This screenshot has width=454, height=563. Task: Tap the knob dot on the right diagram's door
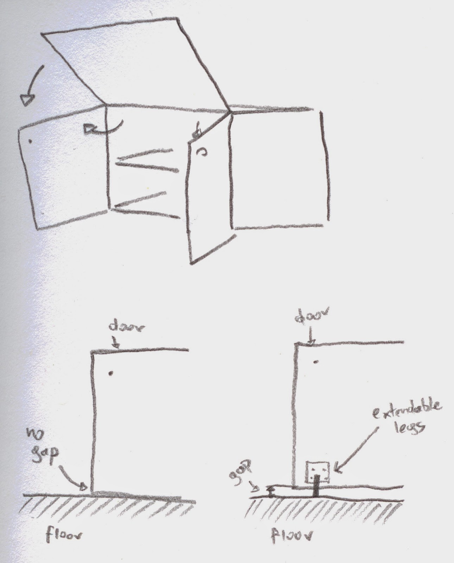(316, 362)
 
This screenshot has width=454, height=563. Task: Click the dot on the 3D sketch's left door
(30, 141)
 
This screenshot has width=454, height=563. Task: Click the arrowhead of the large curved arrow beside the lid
(26, 100)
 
